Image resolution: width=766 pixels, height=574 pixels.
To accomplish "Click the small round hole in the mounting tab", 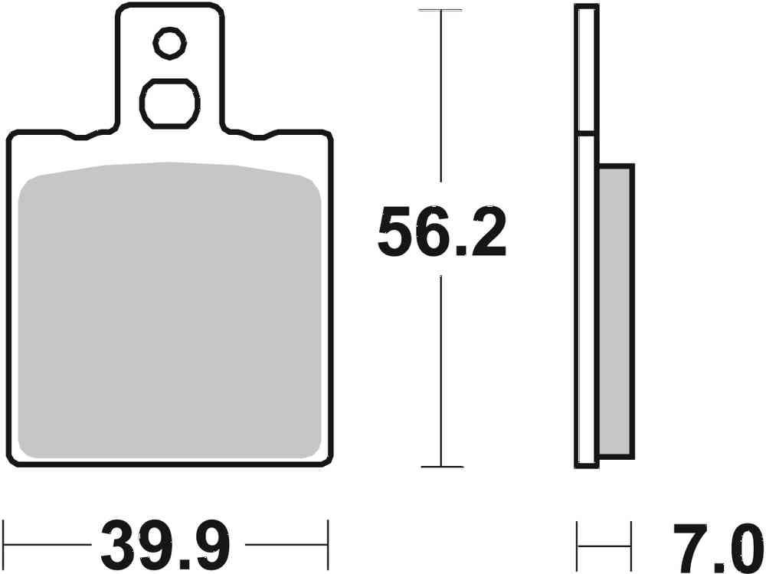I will tap(169, 43).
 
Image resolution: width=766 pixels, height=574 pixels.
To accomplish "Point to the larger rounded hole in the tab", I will tap(169, 103).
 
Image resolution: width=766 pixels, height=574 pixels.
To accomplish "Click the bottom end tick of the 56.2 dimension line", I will tap(442, 466).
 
